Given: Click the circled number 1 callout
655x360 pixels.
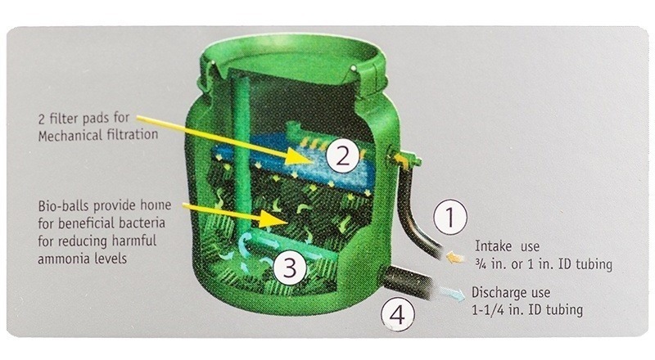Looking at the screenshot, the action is point(449,217).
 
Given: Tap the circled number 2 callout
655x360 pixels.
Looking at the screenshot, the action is point(342,156).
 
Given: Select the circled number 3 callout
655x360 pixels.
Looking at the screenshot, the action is point(290,267).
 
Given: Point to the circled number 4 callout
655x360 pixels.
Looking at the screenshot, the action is point(398,314).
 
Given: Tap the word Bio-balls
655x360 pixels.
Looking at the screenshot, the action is point(64,206).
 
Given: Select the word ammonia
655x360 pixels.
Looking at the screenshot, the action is point(64,259).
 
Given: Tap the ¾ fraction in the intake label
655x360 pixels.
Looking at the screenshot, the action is point(479,264).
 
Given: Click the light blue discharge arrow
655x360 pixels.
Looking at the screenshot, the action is point(451,293).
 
